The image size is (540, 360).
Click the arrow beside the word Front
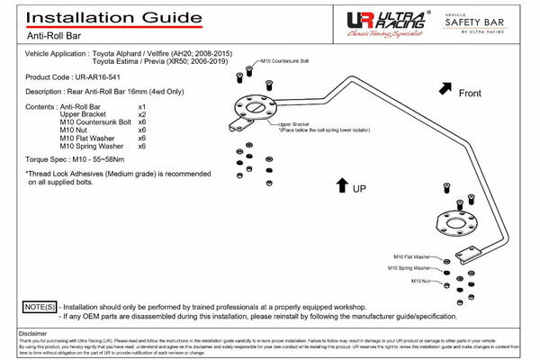click(x=446, y=87)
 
